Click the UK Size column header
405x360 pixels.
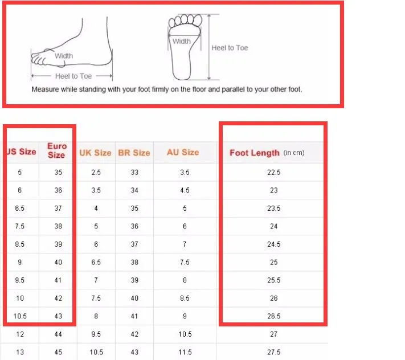(x=95, y=153)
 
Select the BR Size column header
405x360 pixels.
(x=134, y=153)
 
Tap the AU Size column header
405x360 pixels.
(x=183, y=152)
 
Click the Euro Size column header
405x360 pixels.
(x=57, y=150)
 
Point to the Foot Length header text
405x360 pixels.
(x=255, y=153)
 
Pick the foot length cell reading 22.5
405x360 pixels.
(x=274, y=172)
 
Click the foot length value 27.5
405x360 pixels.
(x=274, y=352)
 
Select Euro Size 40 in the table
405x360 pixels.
(x=58, y=262)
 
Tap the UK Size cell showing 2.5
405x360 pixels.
(x=96, y=172)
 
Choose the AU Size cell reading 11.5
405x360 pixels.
(x=185, y=352)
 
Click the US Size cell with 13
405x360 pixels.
(x=20, y=352)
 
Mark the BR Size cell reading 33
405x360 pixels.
(x=134, y=172)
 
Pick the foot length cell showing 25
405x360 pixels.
(x=274, y=262)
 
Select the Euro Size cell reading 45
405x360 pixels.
(x=58, y=352)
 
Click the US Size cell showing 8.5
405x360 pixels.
(x=19, y=244)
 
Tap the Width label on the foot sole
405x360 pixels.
(x=182, y=42)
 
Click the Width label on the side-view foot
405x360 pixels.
(x=64, y=56)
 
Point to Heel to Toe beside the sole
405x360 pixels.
(x=230, y=48)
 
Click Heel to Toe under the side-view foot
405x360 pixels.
(x=73, y=76)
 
